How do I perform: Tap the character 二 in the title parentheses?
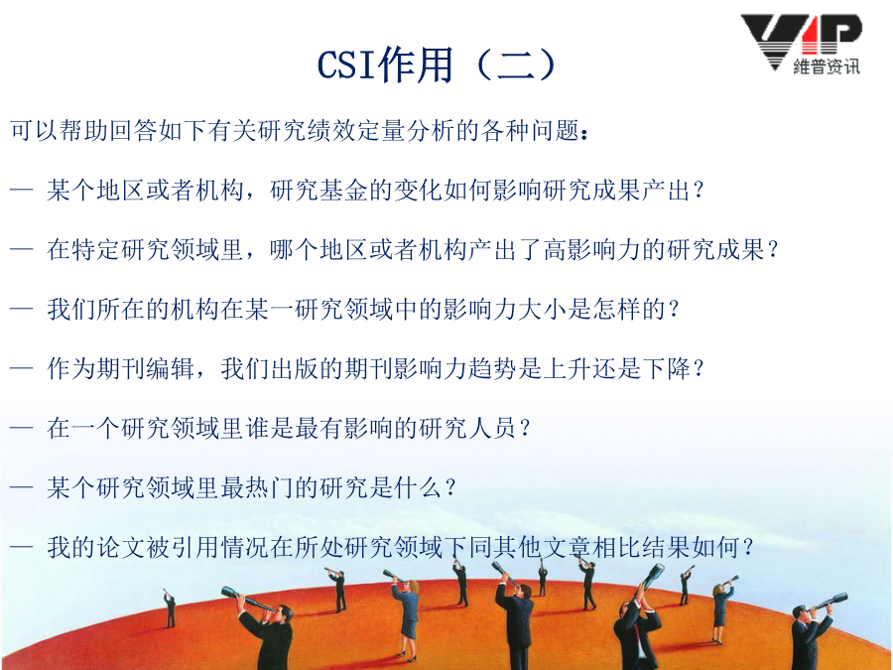517,64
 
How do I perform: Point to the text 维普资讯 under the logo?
827,67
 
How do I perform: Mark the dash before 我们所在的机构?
21,310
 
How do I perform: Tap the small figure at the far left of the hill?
170,607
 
